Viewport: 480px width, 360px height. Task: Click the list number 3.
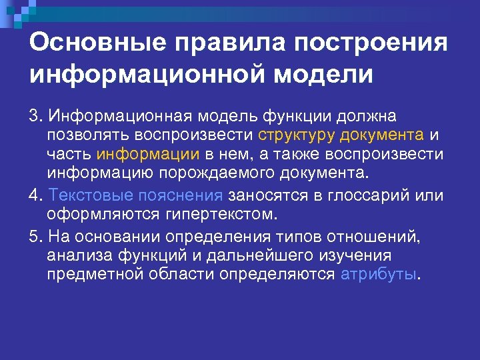click(x=34, y=116)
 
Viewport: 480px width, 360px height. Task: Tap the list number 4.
click(x=34, y=195)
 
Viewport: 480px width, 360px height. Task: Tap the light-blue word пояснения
click(x=181, y=195)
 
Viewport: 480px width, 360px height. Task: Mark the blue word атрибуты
click(x=378, y=275)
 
